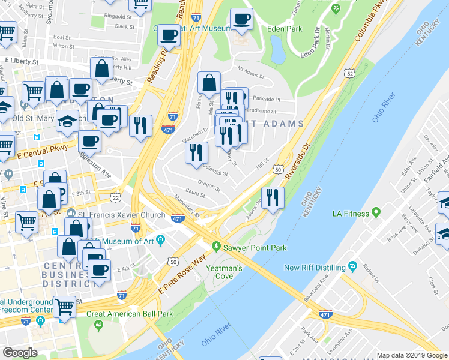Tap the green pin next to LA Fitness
(x=376, y=213)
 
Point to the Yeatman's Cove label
(x=224, y=272)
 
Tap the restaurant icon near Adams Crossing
(x=273, y=197)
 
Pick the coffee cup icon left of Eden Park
(x=241, y=19)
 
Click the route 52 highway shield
(x=349, y=73)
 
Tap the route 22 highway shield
(x=115, y=197)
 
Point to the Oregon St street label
(x=211, y=184)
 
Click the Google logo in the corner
(x=20, y=353)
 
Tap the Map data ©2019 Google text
(x=411, y=355)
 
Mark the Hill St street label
(x=261, y=164)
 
